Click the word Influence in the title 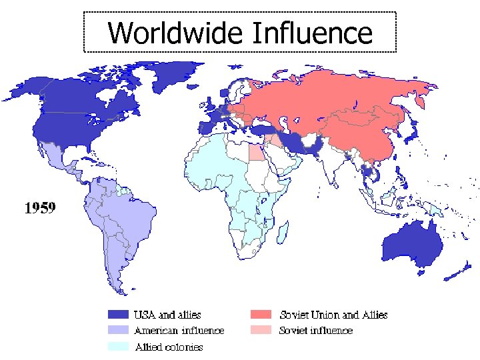(x=311, y=32)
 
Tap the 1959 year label (x=40, y=208)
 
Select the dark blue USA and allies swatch (x=118, y=314)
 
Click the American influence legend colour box (x=118, y=330)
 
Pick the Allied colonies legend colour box (x=118, y=346)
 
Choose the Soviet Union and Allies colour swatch (x=261, y=314)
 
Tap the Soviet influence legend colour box (x=261, y=330)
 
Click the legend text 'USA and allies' (x=167, y=314)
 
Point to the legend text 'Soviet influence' (x=315, y=330)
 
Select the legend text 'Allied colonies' (x=169, y=347)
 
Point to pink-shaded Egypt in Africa (x=256, y=153)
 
